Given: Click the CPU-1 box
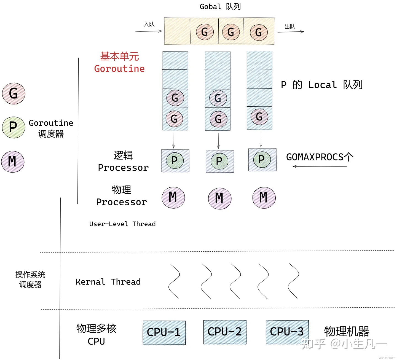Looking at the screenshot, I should tap(164, 332).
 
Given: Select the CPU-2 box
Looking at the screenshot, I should tap(225, 332).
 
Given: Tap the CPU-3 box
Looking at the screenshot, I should tap(287, 332).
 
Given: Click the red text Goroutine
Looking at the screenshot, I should tap(119, 69).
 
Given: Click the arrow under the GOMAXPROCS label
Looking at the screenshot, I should tap(320, 166).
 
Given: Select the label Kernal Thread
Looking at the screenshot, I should tap(108, 282).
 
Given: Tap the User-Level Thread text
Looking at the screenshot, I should tap(122, 224).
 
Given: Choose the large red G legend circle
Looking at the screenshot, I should tap(14, 93).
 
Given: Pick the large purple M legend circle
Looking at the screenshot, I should tap(13, 162).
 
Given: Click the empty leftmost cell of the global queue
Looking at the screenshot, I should tap(177, 31).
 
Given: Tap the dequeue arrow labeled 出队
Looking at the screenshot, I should tap(291, 32).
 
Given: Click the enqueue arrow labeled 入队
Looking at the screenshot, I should tap(148, 31).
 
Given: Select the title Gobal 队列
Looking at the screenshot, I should tap(220, 7).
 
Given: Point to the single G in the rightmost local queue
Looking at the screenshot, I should tap(259, 117).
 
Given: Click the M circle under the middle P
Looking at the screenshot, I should tap(219, 198).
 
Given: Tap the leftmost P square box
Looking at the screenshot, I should tap(175, 161).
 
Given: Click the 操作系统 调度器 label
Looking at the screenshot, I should tap(30, 280).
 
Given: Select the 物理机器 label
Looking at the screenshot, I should tap(347, 331).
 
